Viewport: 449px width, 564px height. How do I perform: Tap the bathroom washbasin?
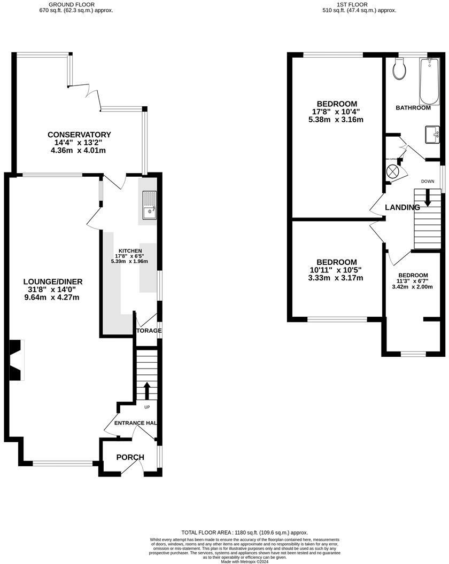point(432,134)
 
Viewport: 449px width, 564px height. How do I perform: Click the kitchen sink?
point(149,203)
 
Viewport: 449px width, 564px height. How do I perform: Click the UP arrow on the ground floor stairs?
point(147,390)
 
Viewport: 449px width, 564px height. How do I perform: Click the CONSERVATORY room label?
point(79,135)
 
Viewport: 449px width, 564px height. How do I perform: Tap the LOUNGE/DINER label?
point(52,281)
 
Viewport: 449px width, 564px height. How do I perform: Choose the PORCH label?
point(130,457)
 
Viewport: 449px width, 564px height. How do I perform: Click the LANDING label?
point(402,207)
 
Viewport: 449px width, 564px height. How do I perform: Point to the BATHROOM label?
point(413,108)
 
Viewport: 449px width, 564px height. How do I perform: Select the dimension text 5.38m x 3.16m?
point(336,120)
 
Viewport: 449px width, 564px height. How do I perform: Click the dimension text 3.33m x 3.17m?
point(336,278)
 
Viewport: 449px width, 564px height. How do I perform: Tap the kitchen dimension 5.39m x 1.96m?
point(129,261)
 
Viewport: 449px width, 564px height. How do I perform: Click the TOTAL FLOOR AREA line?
point(244,532)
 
